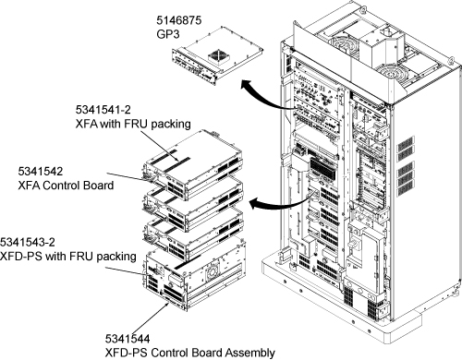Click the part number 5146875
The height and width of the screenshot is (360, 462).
click(178, 20)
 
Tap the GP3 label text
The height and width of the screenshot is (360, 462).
click(168, 34)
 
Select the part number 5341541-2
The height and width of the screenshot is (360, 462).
click(103, 110)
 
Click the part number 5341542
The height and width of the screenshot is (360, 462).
click(41, 171)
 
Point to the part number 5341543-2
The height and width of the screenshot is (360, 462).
click(28, 242)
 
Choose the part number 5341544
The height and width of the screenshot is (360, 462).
click(128, 339)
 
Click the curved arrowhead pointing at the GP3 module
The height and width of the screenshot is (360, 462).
click(247, 85)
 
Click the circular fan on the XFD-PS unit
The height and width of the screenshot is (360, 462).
click(213, 271)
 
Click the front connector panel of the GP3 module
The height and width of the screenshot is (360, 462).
click(194, 67)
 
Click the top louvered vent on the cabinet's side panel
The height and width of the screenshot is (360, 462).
click(406, 144)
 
